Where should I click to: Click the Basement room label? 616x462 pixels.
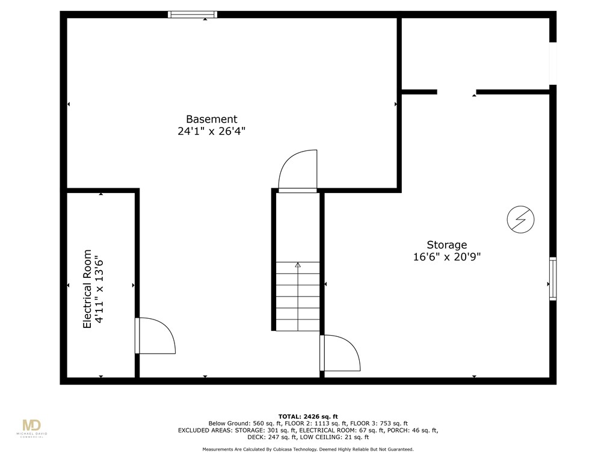pos(211,119)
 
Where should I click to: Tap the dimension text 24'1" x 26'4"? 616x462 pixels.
pos(211,131)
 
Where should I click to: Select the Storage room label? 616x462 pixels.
pos(447,245)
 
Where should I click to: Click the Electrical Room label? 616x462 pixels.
pos(88,289)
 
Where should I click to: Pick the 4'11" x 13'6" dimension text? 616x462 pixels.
pos(100,289)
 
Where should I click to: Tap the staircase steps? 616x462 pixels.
pos(298,297)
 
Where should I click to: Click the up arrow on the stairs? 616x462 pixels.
pos(298,265)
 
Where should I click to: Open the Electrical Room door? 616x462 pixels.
pos(155,336)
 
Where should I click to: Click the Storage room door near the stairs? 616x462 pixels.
pos(340,353)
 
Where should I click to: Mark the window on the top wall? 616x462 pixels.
pos(192,14)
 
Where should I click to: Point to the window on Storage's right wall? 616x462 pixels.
pos(552,279)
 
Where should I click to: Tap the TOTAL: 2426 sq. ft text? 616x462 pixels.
pos(308,416)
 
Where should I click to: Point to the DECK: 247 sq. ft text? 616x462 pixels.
pos(204,437)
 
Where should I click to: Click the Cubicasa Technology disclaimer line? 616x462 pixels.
pos(308,449)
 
